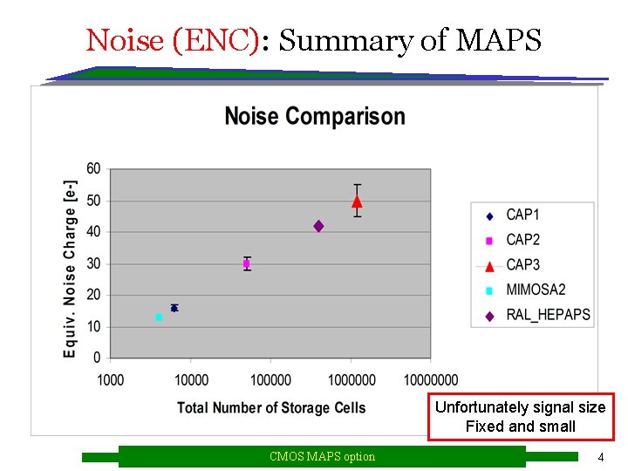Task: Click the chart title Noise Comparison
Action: (315, 116)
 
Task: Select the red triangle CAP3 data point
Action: (357, 201)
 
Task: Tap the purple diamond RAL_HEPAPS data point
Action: (318, 226)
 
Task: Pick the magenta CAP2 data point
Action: (247, 263)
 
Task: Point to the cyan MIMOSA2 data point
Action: (159, 317)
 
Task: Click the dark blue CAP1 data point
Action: (174, 308)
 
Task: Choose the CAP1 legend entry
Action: (522, 215)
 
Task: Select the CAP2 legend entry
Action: (522, 240)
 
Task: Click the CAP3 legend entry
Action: (522, 264)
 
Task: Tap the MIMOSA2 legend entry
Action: (535, 290)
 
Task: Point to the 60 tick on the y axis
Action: (93, 168)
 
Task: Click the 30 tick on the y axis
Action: (93, 263)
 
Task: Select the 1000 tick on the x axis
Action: (111, 379)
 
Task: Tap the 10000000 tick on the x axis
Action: (430, 379)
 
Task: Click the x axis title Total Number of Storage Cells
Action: (271, 407)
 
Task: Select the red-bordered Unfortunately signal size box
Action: (521, 417)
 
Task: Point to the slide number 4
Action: (600, 457)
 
